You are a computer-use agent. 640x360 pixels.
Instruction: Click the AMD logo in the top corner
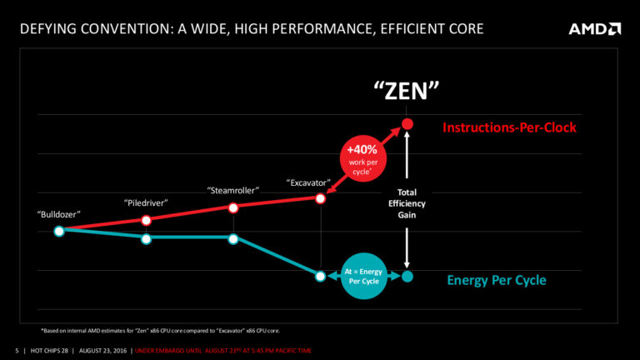click(594, 29)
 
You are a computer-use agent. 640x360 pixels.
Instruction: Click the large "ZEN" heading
click(406, 89)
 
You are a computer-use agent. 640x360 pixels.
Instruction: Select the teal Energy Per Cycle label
click(497, 280)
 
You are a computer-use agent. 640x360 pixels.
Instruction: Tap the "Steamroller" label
click(233, 190)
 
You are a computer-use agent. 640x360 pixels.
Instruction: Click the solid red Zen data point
click(407, 125)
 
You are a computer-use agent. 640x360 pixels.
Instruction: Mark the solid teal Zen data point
click(407, 276)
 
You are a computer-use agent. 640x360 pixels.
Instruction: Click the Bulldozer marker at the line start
click(59, 231)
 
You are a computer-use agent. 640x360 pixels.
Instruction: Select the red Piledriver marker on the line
click(147, 220)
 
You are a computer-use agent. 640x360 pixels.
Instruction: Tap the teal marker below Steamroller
click(233, 239)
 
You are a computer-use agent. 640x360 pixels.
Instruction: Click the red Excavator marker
click(320, 197)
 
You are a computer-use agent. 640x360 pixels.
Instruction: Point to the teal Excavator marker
click(320, 276)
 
